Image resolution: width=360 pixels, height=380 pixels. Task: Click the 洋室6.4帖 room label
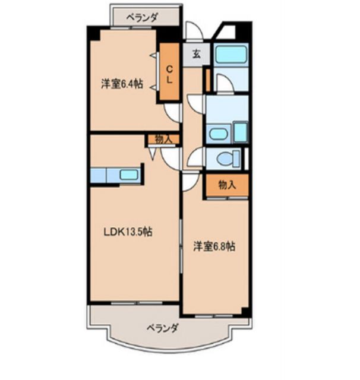(x=121, y=84)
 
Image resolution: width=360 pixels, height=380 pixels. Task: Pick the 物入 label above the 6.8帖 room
(x=226, y=185)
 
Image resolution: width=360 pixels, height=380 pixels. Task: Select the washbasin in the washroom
(x=219, y=134)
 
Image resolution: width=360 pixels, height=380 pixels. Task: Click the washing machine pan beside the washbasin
(x=240, y=131)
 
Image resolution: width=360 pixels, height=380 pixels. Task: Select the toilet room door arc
(x=195, y=159)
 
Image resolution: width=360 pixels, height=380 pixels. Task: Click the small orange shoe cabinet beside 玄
(x=207, y=81)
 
